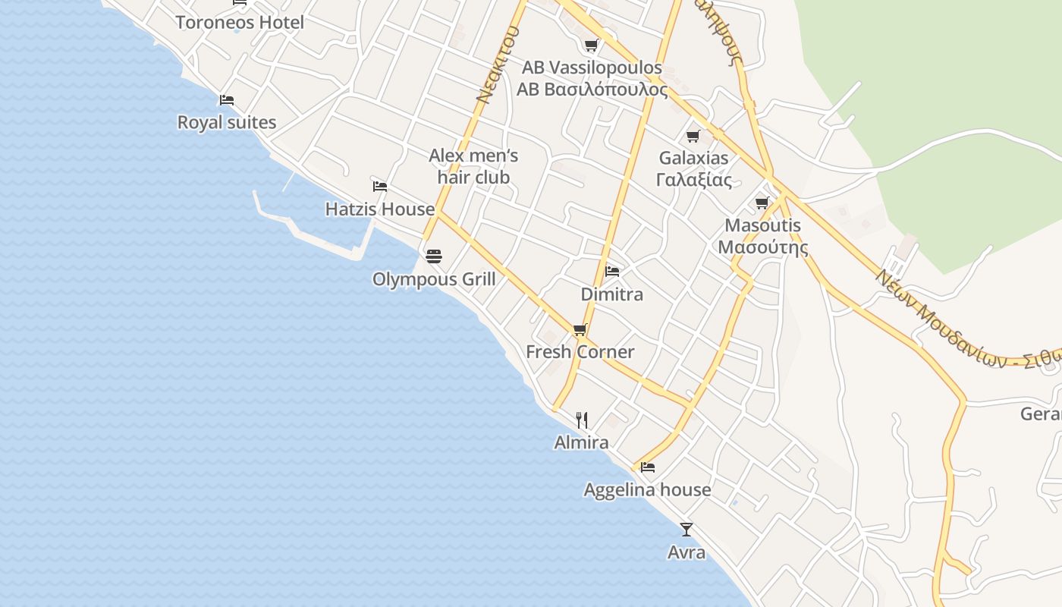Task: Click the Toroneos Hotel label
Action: click(240, 22)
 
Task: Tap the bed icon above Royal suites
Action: click(226, 100)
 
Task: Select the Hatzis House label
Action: click(379, 209)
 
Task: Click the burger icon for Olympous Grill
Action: click(434, 256)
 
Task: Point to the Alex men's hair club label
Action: click(473, 166)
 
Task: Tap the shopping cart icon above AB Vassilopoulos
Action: click(592, 46)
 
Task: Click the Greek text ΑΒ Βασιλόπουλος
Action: click(592, 90)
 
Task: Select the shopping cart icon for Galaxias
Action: click(693, 137)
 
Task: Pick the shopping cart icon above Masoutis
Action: click(762, 203)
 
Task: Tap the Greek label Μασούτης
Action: click(762, 247)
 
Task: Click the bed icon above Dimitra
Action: click(612, 272)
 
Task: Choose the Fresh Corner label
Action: click(580, 351)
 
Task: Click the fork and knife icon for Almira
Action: click(582, 420)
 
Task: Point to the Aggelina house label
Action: click(647, 490)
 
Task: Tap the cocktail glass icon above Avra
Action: click(687, 530)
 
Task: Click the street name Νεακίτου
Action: click(498, 64)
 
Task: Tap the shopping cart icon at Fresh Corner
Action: click(580, 330)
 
